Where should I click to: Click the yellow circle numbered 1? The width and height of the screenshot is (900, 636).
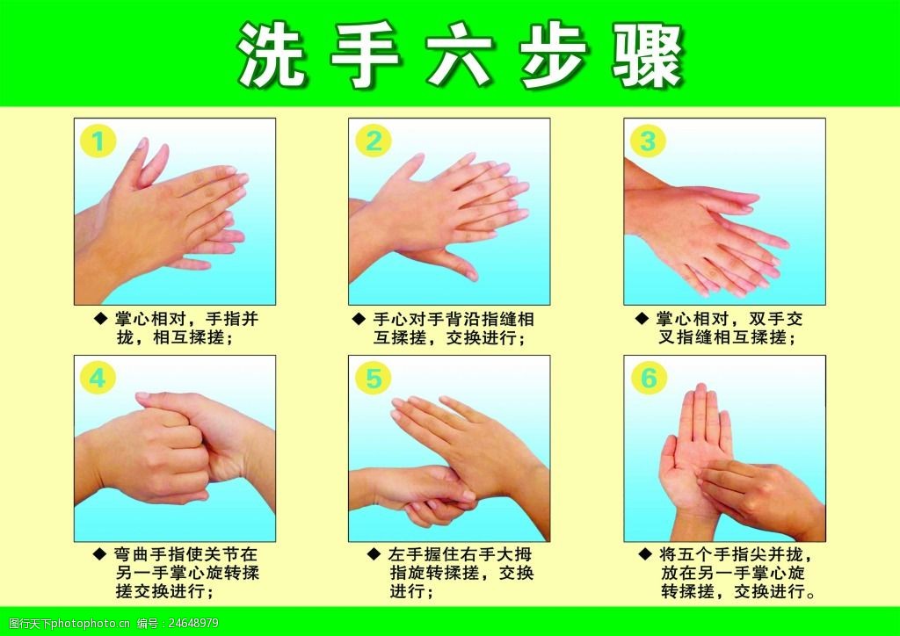click(x=99, y=141)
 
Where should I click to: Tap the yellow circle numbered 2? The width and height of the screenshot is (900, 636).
click(x=374, y=141)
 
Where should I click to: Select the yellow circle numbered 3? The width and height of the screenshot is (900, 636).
click(x=649, y=141)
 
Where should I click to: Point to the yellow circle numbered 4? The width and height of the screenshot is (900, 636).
click(x=99, y=379)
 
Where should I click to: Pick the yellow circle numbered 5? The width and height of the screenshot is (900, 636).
click(x=374, y=379)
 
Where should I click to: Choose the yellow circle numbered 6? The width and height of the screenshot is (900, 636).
click(x=649, y=379)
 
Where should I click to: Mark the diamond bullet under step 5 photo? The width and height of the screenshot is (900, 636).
click(x=373, y=555)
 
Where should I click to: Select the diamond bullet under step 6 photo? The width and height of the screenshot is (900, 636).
click(x=643, y=555)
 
